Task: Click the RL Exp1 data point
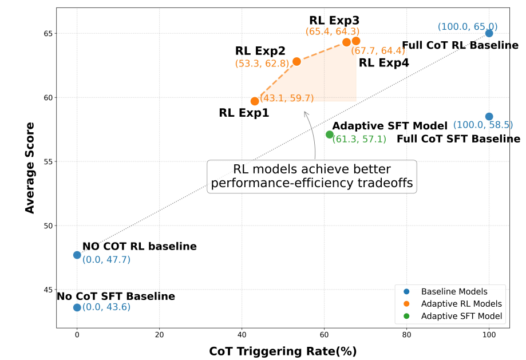255,101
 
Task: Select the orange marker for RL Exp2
296,61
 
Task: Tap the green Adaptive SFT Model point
330,134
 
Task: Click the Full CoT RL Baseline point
489,33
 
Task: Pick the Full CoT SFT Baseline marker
489,117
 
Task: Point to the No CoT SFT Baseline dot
77,307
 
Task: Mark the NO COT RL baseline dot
77,255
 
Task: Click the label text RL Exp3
334,21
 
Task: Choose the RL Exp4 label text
383,63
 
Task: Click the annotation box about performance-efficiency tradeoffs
312,176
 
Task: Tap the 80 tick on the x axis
406,335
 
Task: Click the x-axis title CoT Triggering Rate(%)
283,351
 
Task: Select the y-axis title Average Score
30,167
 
